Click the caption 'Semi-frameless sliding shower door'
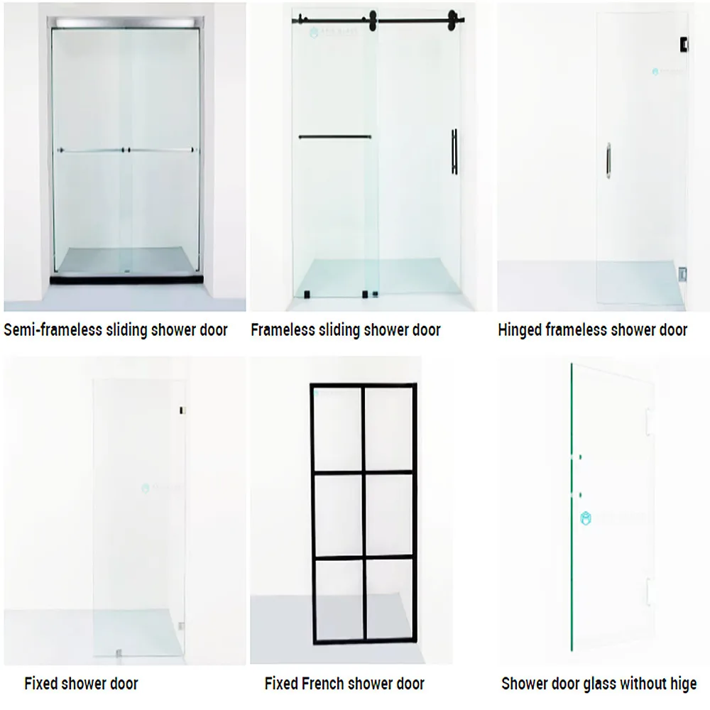coord(116,330)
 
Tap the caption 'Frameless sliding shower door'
coord(346,330)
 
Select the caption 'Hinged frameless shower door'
coord(592,330)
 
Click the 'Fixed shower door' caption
coord(81,684)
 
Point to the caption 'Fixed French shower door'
coord(344,684)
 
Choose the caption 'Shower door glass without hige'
coord(599,684)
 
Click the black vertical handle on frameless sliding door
coord(453,151)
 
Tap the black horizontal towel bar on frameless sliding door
coord(334,137)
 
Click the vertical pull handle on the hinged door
coord(608,159)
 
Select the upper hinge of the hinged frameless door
coord(684,45)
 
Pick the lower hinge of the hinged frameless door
coord(682,273)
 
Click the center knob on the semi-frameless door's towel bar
coord(126,151)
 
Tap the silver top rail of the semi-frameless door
coord(126,24)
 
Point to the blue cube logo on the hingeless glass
coord(586,518)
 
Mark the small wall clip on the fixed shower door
coord(182,410)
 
